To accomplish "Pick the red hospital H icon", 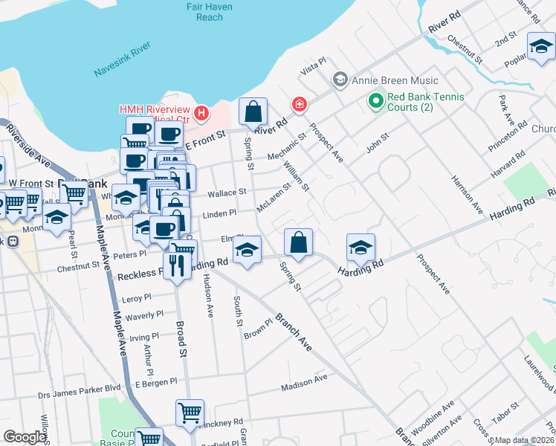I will (201, 114).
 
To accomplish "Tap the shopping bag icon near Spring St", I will (253, 113).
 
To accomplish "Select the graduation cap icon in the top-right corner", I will (541, 46).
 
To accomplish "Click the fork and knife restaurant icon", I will (176, 265).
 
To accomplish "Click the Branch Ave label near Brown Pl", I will (294, 332).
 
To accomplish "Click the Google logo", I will (25, 437).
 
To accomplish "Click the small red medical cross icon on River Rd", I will (299, 105).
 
